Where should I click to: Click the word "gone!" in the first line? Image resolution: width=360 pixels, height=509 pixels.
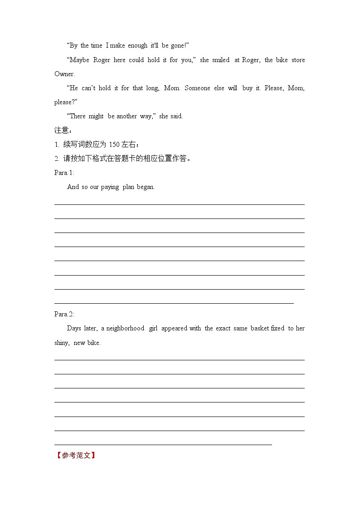click(178, 45)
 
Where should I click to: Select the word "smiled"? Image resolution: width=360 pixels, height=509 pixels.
click(220, 60)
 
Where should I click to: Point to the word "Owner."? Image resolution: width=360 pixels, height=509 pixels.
click(64, 74)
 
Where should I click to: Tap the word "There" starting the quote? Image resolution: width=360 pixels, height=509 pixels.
click(76, 116)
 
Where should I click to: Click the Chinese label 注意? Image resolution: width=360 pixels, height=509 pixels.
click(62, 131)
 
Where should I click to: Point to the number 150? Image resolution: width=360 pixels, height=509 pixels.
click(114, 145)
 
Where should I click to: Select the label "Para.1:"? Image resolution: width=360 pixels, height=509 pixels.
click(64, 173)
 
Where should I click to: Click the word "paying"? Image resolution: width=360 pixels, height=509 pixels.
click(110, 187)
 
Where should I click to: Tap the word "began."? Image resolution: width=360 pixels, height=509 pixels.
click(146, 187)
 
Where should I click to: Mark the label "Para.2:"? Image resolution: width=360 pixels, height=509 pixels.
click(64, 314)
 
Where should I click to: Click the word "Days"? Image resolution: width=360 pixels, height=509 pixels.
click(74, 328)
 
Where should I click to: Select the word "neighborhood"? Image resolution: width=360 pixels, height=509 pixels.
click(125, 328)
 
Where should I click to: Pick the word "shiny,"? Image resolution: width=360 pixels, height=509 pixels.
click(62, 343)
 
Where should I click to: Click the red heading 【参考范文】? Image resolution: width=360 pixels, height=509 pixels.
click(76, 455)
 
